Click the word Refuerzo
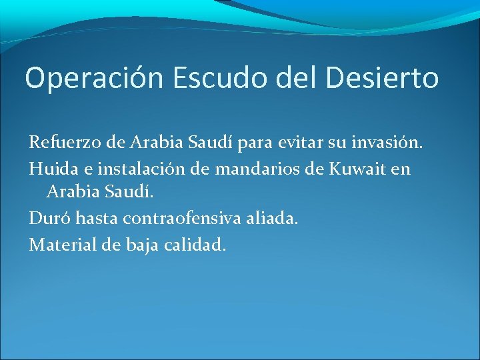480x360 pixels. coord(59,142)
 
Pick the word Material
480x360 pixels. coord(60,245)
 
